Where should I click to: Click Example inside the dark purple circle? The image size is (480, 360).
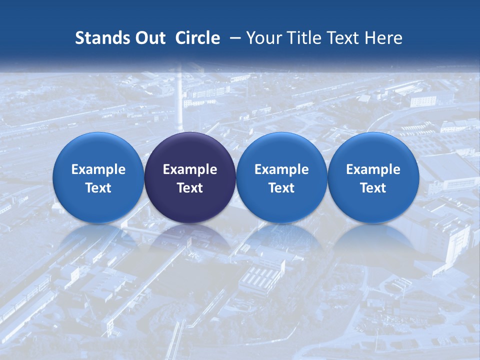190,169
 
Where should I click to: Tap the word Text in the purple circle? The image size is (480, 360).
190,188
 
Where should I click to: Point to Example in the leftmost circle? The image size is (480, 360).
98,169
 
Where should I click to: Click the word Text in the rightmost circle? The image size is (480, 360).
373,188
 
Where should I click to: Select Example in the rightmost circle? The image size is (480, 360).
373,169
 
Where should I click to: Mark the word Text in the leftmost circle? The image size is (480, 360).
98,188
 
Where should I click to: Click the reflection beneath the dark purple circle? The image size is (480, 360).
190,237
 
